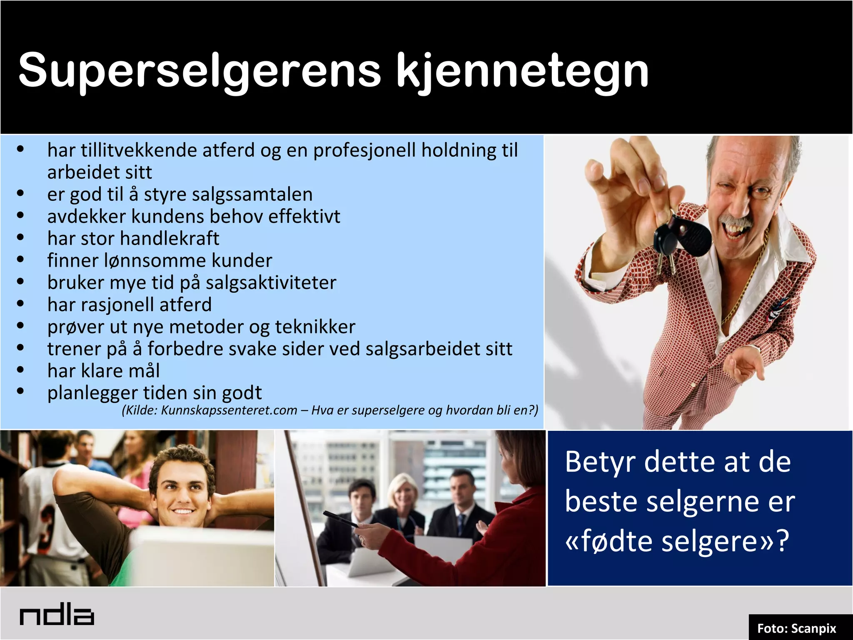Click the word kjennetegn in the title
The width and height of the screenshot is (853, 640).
click(523, 71)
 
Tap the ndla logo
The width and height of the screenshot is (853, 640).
click(57, 616)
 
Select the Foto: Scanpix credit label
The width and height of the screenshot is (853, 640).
click(796, 628)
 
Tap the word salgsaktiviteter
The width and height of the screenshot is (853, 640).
click(271, 283)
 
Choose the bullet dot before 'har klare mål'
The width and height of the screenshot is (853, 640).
click(20, 370)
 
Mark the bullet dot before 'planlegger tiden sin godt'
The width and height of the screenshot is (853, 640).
click(20, 391)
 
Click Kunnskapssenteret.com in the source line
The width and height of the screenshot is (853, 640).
click(229, 410)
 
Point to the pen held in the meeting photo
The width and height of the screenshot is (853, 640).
click(340, 519)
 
